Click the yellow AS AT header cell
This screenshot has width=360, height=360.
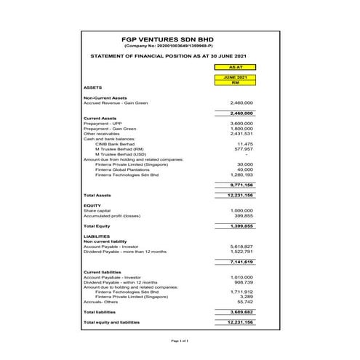point(234,66)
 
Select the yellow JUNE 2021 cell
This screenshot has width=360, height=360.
point(234,77)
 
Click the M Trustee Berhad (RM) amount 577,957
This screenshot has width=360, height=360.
point(244,149)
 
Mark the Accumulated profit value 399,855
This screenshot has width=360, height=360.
point(244,215)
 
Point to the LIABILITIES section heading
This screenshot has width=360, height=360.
point(97,236)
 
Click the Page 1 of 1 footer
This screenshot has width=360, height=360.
point(180,340)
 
